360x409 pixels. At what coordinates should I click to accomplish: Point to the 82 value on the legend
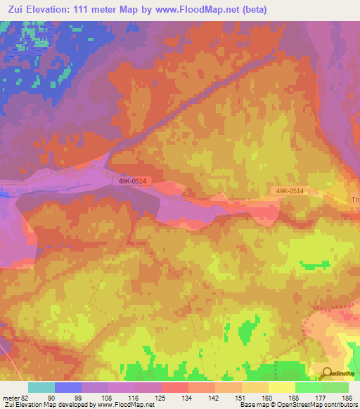tap(27, 398)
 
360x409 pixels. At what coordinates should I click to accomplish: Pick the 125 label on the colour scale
tap(161, 398)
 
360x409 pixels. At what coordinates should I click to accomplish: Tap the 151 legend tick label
tap(241, 398)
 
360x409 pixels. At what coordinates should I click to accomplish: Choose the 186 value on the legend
tap(347, 398)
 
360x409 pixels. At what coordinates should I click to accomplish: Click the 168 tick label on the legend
tap(295, 398)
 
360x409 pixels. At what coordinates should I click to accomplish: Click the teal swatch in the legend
tap(41, 387)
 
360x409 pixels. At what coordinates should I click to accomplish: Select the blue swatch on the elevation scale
tap(67, 387)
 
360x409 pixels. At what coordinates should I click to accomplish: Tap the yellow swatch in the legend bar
tap(281, 387)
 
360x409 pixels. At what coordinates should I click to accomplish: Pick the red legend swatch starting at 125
tap(174, 387)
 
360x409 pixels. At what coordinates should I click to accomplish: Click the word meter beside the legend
tap(11, 398)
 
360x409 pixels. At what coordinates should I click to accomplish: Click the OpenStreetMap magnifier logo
tap(326, 374)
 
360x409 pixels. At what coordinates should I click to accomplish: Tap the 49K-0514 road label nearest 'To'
tap(290, 190)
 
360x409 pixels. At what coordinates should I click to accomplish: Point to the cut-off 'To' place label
tap(355, 200)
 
